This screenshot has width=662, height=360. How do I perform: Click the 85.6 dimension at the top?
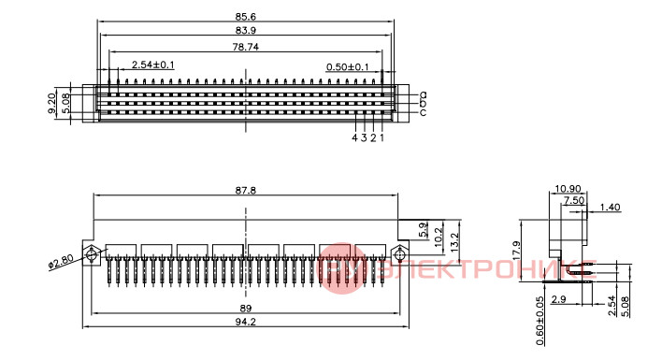(x=245, y=17)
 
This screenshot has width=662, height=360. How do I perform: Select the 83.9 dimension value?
(x=245, y=30)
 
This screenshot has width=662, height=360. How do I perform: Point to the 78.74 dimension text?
(x=245, y=47)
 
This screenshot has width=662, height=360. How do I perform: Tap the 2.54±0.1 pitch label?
(x=152, y=65)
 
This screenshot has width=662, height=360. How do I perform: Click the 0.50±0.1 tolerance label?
(x=348, y=67)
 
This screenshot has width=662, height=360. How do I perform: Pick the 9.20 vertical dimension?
(x=51, y=104)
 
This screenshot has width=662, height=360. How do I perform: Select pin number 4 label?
(x=354, y=137)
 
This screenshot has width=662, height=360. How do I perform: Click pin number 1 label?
(x=382, y=137)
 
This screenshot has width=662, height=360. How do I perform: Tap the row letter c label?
(x=423, y=112)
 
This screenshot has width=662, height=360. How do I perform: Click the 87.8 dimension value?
(x=245, y=191)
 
